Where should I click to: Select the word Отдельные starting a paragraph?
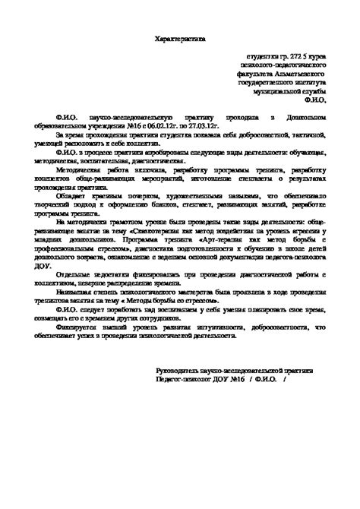(78, 276)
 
